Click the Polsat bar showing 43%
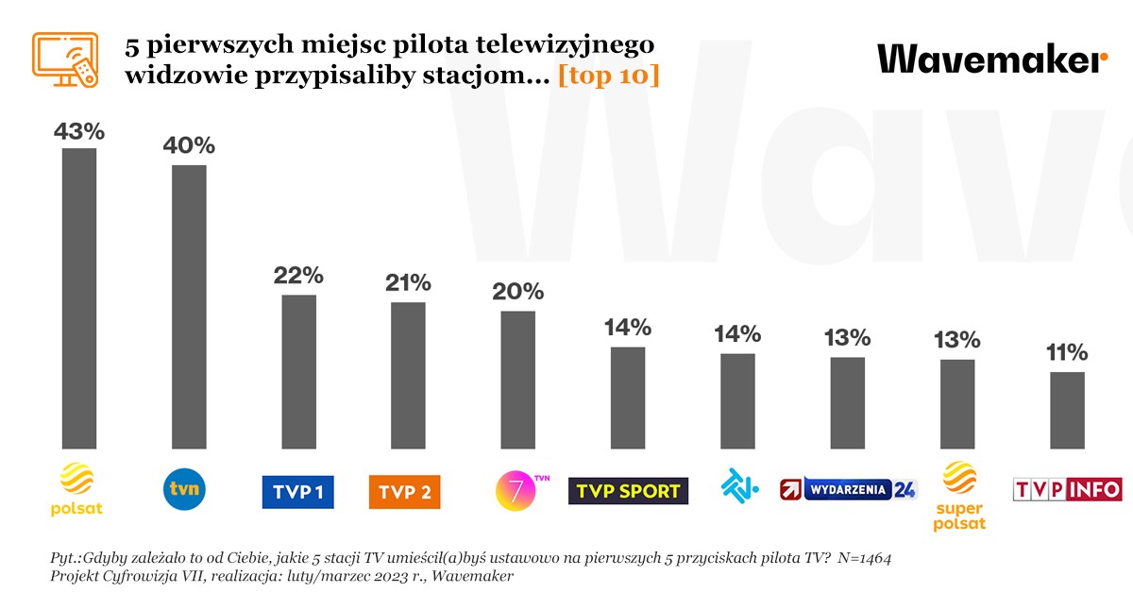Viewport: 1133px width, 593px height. [x=79, y=297]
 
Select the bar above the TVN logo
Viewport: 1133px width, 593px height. [x=189, y=306]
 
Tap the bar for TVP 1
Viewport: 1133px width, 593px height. [x=298, y=371]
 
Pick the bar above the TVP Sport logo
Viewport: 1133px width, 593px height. [x=628, y=398]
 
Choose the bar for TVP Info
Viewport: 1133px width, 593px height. [x=1067, y=410]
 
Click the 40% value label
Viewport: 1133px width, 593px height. [x=189, y=145]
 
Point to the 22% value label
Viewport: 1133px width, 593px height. [x=298, y=276]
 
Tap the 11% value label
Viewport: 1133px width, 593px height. [x=1067, y=353]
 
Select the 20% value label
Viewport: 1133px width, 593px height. [x=518, y=291]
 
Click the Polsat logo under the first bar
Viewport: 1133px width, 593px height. [x=79, y=490]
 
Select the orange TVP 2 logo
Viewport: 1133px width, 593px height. [x=404, y=492]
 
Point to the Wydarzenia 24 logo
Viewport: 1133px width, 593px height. [x=848, y=489]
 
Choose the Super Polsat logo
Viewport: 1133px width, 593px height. [x=959, y=496]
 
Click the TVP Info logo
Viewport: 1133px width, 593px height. [x=1067, y=489]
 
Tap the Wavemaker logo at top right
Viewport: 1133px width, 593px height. [x=992, y=59]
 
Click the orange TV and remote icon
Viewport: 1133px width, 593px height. [x=65, y=60]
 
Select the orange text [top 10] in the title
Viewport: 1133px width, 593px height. [x=608, y=76]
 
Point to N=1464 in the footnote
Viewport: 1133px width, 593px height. [x=855, y=558]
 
